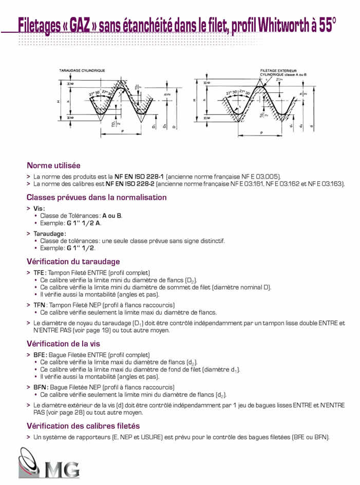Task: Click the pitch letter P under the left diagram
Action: tap(122, 131)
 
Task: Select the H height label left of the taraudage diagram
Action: tap(59, 102)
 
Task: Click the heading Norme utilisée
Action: tap(53, 165)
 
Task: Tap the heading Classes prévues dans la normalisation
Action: tap(97, 197)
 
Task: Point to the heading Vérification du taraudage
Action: tap(73, 261)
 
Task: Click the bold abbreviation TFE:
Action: tap(40, 273)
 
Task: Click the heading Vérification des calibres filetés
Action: tap(83, 425)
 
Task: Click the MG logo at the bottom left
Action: tap(49, 464)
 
